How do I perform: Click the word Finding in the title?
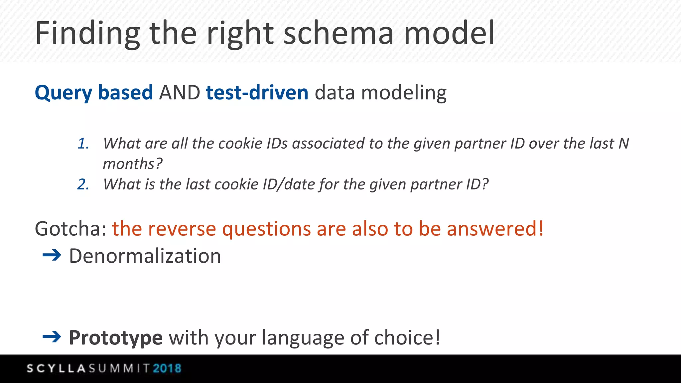tap(87, 33)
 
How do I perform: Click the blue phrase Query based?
tap(94, 93)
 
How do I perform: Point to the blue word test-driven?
tap(257, 93)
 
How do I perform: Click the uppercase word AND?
tap(180, 93)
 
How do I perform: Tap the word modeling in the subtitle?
tap(404, 93)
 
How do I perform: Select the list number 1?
tap(83, 144)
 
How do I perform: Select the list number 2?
tap(83, 185)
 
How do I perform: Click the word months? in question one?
tap(133, 164)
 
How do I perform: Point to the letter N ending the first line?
tap(623, 144)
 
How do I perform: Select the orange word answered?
tap(495, 229)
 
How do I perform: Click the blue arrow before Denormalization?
tap(52, 255)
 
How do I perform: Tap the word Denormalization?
tap(145, 256)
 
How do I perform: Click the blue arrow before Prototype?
tap(52, 337)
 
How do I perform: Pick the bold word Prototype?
tap(116, 338)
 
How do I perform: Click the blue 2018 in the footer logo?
tap(167, 368)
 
